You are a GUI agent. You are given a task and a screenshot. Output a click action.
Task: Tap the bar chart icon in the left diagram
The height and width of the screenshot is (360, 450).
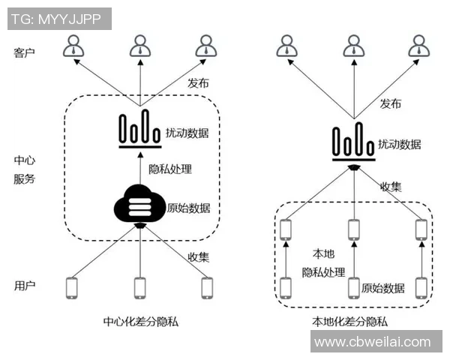point(140,129)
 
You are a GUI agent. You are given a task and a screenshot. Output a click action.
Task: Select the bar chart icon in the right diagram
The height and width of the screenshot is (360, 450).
point(353,142)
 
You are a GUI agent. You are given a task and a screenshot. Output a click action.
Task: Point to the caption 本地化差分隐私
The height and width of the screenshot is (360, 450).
point(350,322)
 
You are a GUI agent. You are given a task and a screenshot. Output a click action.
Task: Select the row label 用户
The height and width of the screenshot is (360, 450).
point(25,286)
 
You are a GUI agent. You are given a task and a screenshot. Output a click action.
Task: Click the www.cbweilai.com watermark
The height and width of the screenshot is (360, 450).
point(373,342)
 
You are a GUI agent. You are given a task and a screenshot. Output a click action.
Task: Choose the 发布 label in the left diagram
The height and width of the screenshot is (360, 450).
point(198,83)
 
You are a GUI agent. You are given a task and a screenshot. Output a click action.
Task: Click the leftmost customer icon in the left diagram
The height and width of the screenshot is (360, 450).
point(73,46)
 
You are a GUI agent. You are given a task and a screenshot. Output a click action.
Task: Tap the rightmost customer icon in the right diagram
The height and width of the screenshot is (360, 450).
point(421,46)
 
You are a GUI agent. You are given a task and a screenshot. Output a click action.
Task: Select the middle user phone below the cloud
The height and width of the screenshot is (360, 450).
point(139,286)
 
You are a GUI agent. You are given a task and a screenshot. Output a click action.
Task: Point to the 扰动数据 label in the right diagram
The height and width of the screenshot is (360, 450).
point(398,143)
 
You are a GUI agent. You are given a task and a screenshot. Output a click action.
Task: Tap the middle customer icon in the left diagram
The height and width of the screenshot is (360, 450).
point(139,46)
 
